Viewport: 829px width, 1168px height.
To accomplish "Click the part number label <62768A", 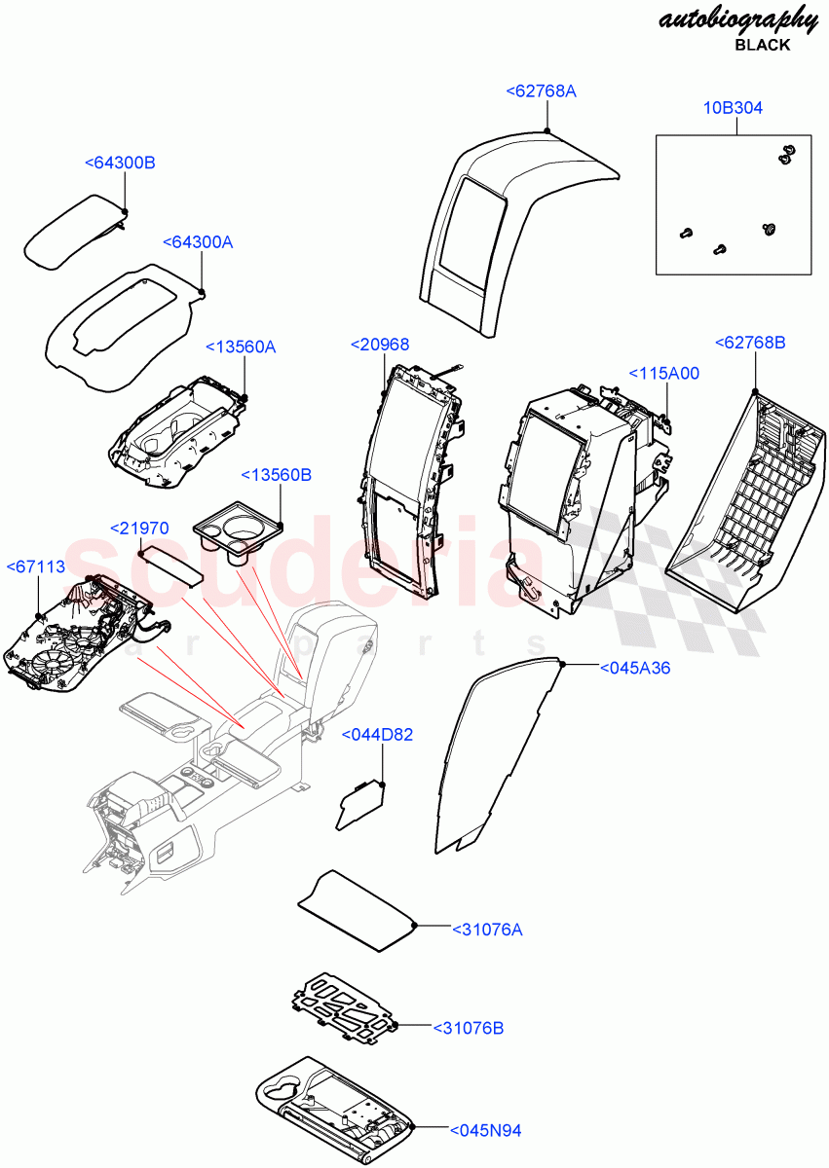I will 541,91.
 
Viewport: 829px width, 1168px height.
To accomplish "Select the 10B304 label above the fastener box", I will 733,108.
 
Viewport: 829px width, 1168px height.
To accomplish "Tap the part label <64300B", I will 120,163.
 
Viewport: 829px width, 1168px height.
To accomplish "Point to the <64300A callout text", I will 198,241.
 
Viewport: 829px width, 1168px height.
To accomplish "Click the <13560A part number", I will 241,347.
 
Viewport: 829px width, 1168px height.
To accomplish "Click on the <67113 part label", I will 36,566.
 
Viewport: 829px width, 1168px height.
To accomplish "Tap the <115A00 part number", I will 663,373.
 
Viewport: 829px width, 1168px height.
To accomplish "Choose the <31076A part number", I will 486,930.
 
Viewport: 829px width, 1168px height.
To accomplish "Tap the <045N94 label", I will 485,1130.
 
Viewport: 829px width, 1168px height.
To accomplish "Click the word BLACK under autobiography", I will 762,45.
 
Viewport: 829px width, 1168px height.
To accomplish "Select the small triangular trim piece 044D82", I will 358,805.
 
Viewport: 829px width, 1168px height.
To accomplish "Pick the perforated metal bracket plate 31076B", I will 345,1012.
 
